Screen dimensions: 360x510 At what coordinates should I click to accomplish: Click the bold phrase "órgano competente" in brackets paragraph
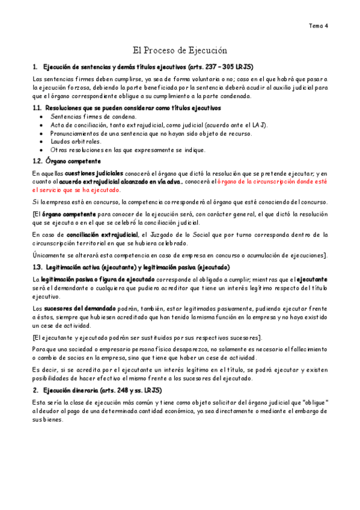(x=69, y=214)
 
